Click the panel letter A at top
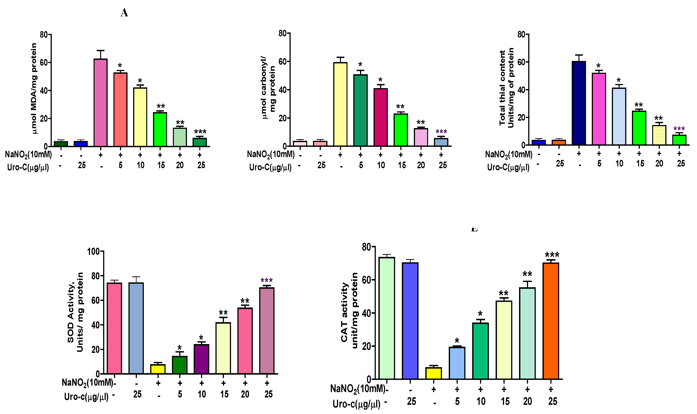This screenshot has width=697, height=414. pos(124,13)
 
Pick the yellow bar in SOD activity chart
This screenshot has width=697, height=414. pos(158,369)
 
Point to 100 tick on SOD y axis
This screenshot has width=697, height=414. pos(93,252)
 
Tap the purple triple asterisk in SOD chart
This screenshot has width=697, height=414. pos(266,280)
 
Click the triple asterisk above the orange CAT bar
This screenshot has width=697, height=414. pos(552,255)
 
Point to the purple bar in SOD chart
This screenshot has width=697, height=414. pos(201,359)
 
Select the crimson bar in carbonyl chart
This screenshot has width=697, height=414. pos(380,117)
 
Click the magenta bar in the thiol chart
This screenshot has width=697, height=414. pos(599,109)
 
